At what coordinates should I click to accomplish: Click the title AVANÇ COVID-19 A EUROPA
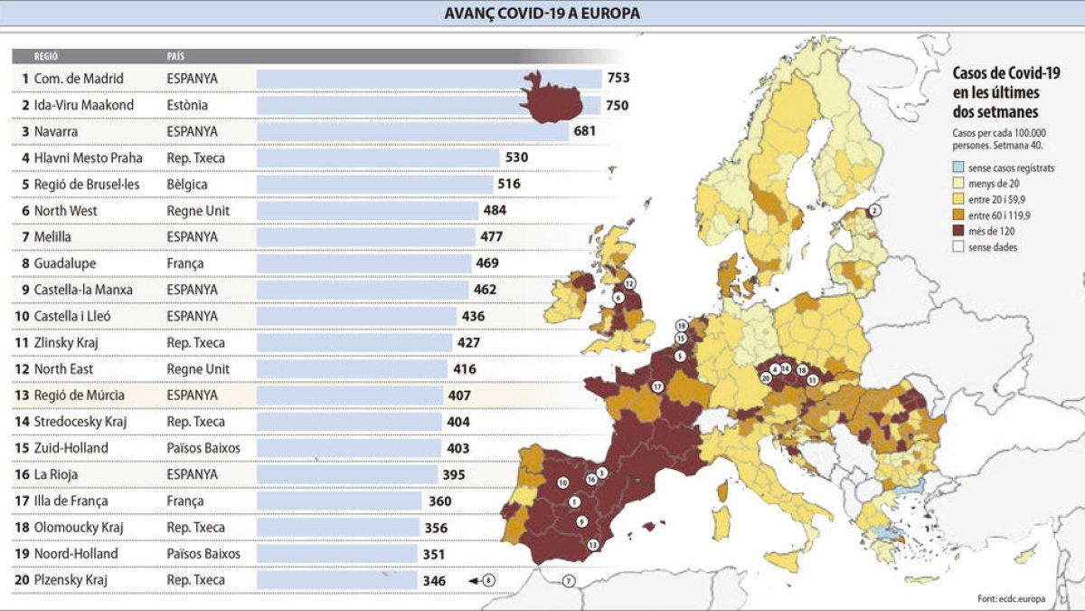tap(542, 13)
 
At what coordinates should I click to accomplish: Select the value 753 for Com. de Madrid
tap(618, 79)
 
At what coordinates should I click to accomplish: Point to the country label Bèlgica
tap(187, 184)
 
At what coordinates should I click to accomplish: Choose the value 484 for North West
tap(495, 210)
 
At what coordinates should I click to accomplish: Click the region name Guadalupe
tap(65, 263)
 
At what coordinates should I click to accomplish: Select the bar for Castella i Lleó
tap(356, 316)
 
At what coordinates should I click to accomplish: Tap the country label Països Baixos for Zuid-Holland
tap(203, 448)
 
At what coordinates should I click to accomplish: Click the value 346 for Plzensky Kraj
tap(434, 580)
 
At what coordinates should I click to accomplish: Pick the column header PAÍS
tap(176, 56)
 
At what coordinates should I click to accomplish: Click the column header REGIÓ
tap(46, 56)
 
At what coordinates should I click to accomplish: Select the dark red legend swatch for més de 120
tap(958, 230)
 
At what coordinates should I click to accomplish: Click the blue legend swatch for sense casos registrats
tap(958, 168)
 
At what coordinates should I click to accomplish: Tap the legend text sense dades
tap(993, 246)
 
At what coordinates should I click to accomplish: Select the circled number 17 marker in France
tap(658, 387)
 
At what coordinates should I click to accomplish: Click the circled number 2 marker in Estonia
tap(873, 211)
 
